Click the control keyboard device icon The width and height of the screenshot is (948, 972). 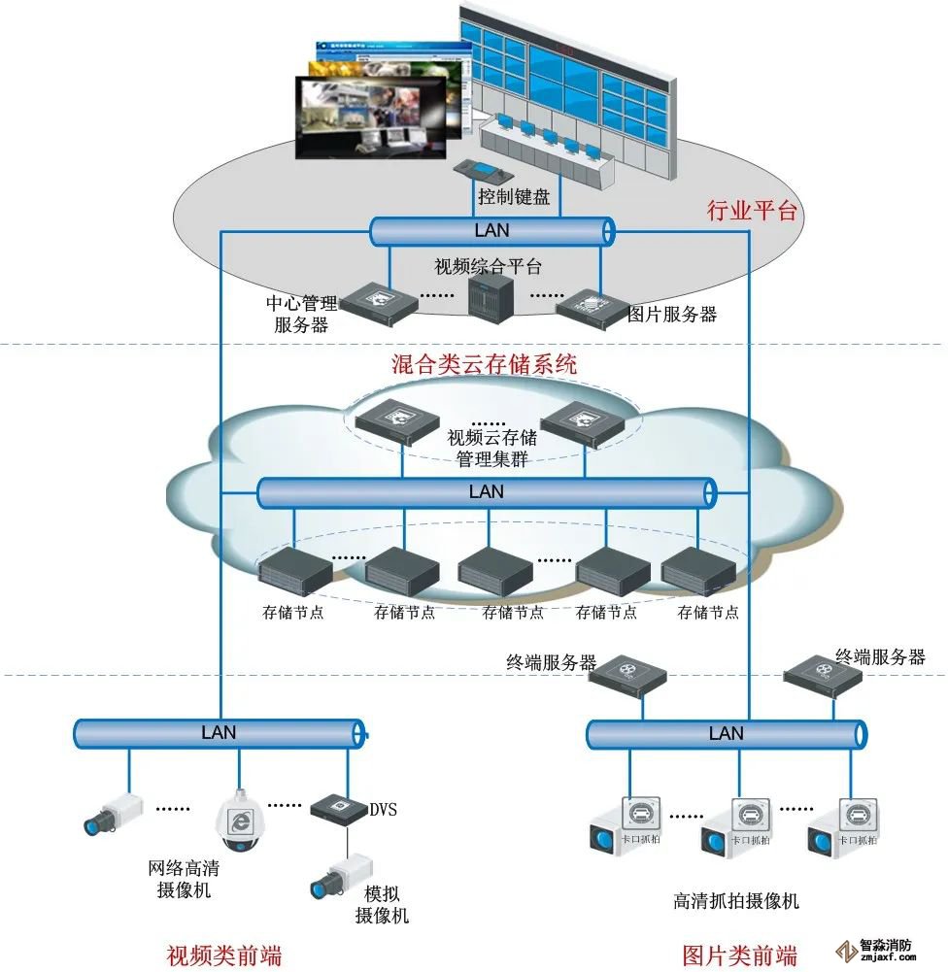pos(479,170)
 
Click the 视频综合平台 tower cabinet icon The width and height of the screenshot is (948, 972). pos(489,297)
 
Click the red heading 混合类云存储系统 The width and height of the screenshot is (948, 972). pos(484,365)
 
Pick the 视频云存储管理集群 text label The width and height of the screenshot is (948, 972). pos(491,448)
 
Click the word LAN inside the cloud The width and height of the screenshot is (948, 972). pos(487,491)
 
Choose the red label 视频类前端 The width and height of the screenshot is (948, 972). pos(225,955)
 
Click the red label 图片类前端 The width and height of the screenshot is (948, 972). pos(739,955)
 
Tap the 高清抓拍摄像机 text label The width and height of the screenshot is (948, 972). pos(736,900)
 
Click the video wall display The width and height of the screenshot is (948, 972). pos(563,73)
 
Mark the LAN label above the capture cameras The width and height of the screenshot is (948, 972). pos(726,734)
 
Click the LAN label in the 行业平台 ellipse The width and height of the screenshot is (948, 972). pos(491,231)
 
